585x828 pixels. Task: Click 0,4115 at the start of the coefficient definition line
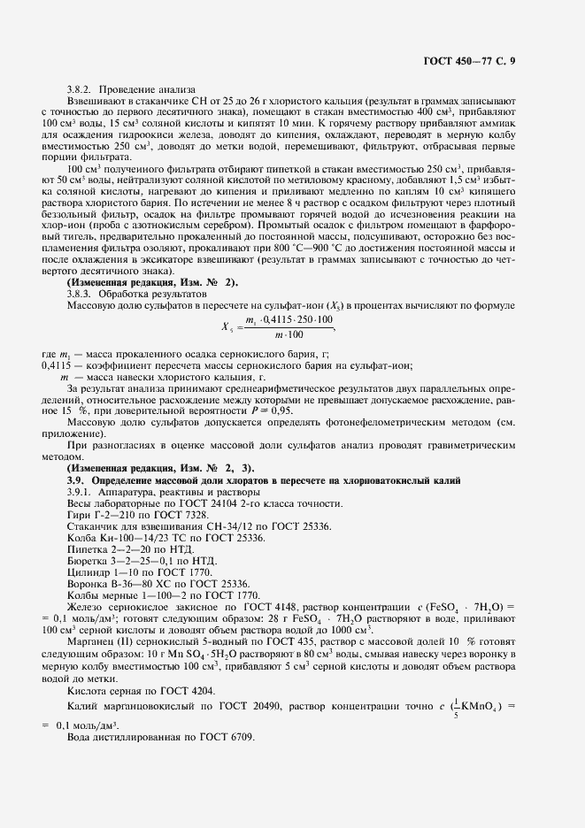tap(58, 365)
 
